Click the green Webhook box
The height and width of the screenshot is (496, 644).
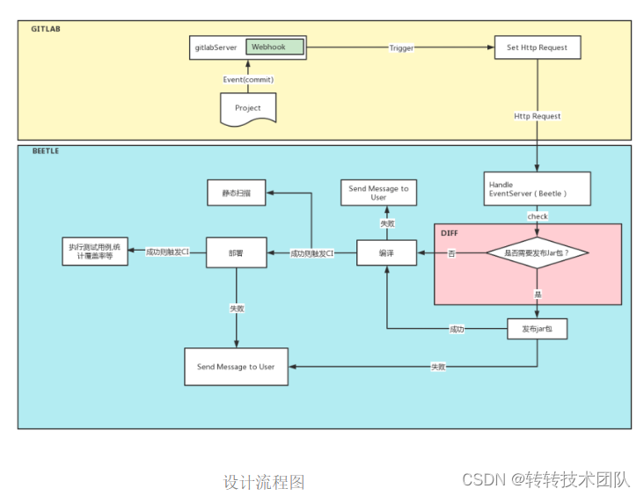274,47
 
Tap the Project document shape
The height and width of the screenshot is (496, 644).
247,108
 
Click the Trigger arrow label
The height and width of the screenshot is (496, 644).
401,47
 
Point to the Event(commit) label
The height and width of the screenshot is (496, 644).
247,79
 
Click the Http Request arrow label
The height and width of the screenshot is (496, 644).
537,116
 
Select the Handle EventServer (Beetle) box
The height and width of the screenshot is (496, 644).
537,188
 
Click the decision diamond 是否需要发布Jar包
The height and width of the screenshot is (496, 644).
537,252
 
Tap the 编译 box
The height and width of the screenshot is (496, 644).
385,253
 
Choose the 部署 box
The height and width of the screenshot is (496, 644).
236,252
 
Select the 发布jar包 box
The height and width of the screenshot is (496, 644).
537,328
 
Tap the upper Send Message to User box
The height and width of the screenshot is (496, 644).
378,193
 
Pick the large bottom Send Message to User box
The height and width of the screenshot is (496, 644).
236,366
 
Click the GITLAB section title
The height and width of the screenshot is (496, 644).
46,29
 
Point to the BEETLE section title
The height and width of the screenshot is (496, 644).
46,151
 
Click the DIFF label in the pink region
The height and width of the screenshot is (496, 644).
450,233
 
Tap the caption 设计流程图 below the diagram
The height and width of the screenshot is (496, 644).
264,482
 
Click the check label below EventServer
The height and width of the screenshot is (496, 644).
537,216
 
